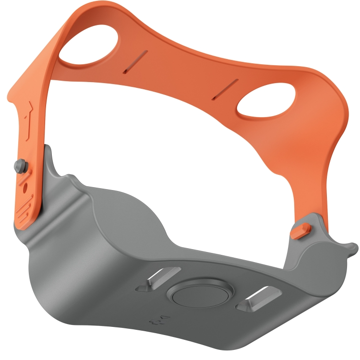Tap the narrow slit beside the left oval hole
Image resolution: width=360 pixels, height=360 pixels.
click(135, 62)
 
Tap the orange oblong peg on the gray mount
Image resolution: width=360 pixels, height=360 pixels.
click(300, 229)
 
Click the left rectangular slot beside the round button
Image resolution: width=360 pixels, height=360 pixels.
click(158, 279)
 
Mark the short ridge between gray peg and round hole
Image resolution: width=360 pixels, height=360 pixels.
click(23, 175)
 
